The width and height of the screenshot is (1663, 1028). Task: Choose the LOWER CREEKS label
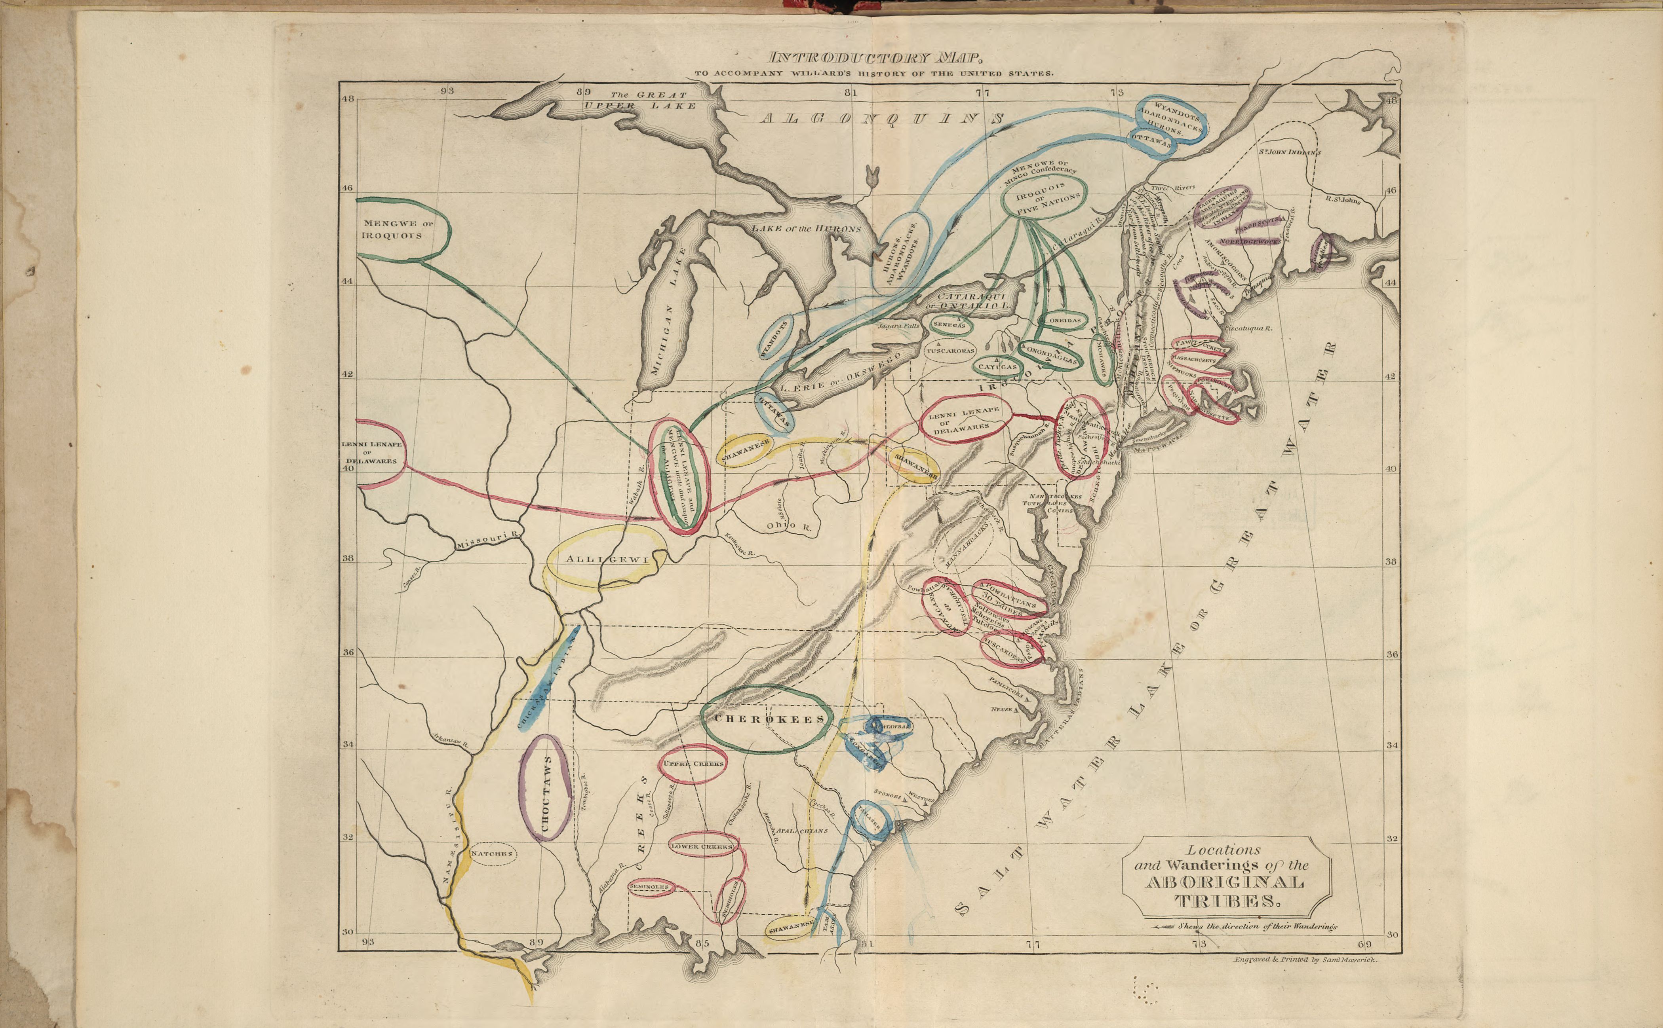(x=702, y=847)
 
